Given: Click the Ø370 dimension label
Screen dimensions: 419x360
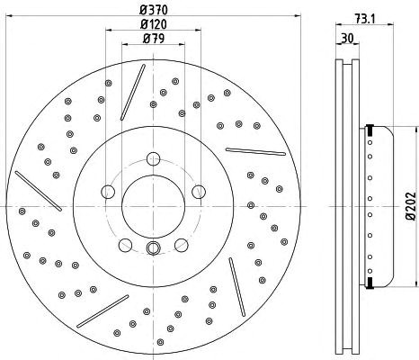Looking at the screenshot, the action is point(154,10).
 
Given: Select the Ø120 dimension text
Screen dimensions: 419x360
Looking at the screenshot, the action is point(154,24).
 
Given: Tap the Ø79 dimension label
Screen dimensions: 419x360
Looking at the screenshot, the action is point(154,39).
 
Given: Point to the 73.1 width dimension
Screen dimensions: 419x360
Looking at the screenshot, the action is point(365,19).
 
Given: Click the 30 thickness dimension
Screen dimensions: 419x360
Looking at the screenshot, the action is point(348,39).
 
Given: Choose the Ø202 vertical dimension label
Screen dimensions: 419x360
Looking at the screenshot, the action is point(411,206).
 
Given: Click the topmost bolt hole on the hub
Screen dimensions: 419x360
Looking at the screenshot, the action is point(153,158).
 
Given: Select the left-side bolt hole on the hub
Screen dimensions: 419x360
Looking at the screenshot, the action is point(108,192).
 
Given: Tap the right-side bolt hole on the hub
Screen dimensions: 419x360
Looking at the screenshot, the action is point(199,192).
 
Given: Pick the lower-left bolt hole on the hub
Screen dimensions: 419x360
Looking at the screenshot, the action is point(125,245).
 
